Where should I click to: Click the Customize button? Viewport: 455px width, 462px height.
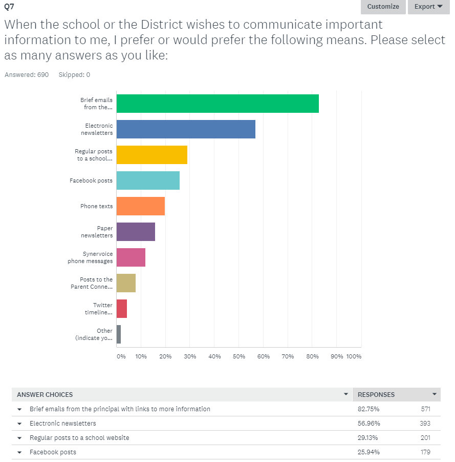pos(383,7)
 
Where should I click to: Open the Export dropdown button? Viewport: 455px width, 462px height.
pos(428,7)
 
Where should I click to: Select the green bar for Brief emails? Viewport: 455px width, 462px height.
pos(218,104)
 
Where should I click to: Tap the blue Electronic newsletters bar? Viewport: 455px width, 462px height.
pos(186,129)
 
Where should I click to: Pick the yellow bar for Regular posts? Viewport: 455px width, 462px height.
pos(152,155)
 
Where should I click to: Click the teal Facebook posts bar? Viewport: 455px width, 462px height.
pos(148,180)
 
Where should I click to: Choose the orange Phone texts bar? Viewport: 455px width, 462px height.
pos(141,206)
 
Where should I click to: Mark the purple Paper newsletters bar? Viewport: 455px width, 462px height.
pos(136,232)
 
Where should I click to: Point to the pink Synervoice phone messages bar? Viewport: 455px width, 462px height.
pos(131,257)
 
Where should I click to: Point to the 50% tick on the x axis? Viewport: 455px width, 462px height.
pos(239,356)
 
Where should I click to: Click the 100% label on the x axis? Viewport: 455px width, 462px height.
pos(354,356)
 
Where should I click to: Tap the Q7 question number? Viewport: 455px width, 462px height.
pos(9,6)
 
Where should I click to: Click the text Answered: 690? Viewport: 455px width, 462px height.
pos(27,75)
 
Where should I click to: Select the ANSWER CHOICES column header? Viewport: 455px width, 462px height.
pos(45,395)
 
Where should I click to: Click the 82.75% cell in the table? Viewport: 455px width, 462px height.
pos(369,409)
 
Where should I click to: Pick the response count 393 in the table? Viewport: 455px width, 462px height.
pos(425,424)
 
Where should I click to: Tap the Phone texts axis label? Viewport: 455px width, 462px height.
pos(96,206)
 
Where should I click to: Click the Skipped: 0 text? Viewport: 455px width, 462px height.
pos(74,75)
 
